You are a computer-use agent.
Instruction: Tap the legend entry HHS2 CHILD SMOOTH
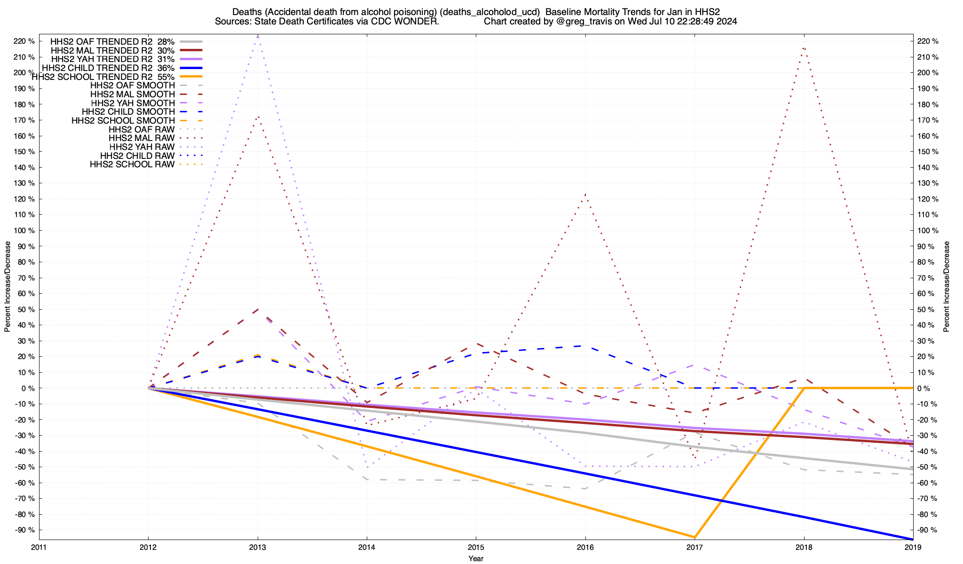click(128, 112)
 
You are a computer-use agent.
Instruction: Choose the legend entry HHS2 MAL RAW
click(141, 138)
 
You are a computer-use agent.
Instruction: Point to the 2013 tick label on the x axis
click(258, 547)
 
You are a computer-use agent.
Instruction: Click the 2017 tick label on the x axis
click(695, 547)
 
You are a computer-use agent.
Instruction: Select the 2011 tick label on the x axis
click(39, 547)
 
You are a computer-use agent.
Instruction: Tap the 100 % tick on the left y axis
click(24, 230)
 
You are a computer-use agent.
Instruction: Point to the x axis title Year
click(476, 558)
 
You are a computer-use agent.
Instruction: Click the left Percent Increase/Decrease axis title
click(8, 287)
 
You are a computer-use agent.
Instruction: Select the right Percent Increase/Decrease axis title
click(947, 287)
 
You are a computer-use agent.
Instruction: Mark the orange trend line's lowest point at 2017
click(695, 537)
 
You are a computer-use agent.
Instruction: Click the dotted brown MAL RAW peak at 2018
click(804, 47)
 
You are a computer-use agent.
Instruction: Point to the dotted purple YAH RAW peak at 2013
click(258, 36)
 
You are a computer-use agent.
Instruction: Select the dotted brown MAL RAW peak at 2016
click(585, 194)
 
